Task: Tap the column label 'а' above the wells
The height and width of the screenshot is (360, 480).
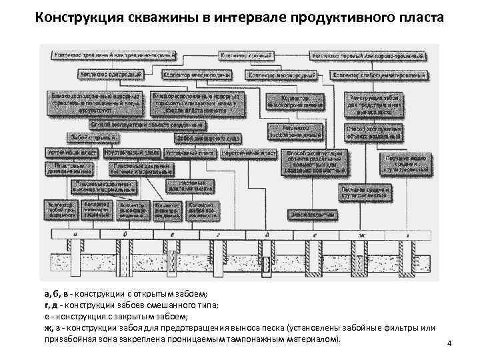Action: [74, 234]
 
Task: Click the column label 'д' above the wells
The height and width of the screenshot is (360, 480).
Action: [267, 234]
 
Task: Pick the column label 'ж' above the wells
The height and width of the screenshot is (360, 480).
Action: [361, 234]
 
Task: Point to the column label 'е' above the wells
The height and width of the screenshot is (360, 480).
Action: [313, 234]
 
